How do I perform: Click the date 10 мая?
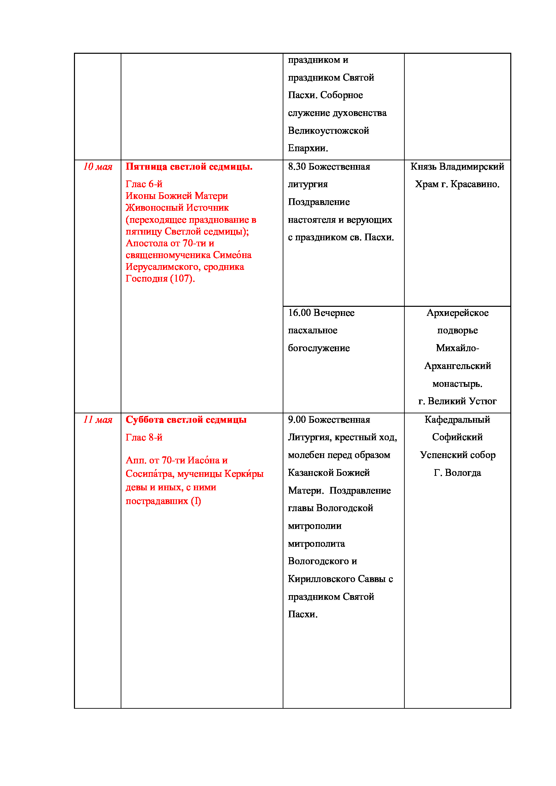point(98,167)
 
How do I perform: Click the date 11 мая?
point(98,420)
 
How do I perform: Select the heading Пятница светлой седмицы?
point(189,167)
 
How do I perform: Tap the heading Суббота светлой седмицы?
point(186,420)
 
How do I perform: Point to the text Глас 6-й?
point(144,184)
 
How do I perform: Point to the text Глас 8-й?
point(144,438)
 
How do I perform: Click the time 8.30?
point(296,167)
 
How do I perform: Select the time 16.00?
point(299,313)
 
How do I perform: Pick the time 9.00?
point(296,420)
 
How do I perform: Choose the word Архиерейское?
point(458,313)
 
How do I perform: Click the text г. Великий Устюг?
point(458,401)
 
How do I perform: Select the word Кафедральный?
point(458,420)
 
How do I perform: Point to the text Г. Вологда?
point(458,473)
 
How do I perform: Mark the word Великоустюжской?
point(328,131)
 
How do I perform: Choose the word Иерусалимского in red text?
point(162,267)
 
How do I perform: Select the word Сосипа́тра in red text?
point(150,474)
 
